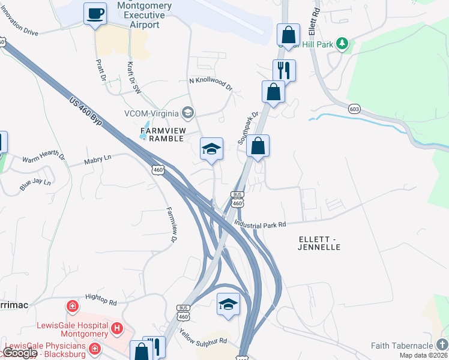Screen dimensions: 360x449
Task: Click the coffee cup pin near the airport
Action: coord(95,14)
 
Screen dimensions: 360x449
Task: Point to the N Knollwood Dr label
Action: coord(210,83)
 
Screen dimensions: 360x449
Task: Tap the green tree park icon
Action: coord(342,43)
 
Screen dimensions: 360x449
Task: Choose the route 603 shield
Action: coord(354,109)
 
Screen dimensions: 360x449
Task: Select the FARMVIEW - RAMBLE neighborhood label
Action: coord(164,134)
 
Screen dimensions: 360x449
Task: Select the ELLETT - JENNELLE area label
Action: coord(319,242)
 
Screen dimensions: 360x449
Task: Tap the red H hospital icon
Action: coord(117,328)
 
